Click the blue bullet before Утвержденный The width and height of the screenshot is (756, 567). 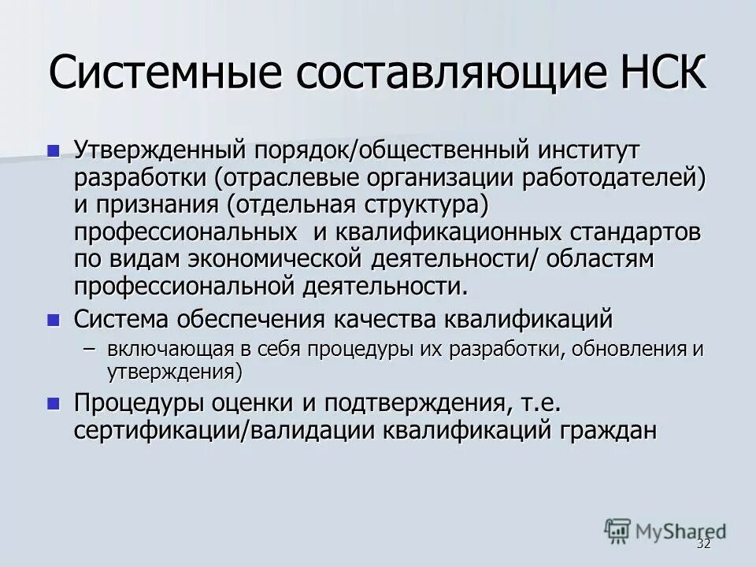[54, 150]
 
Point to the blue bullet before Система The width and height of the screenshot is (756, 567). [54, 320]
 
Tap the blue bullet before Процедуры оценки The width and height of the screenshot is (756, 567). [54, 403]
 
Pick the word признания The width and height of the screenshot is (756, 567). [160, 206]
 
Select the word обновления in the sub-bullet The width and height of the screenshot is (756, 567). [629, 349]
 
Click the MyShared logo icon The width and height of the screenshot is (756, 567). [619, 531]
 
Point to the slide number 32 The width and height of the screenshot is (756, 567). [703, 545]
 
